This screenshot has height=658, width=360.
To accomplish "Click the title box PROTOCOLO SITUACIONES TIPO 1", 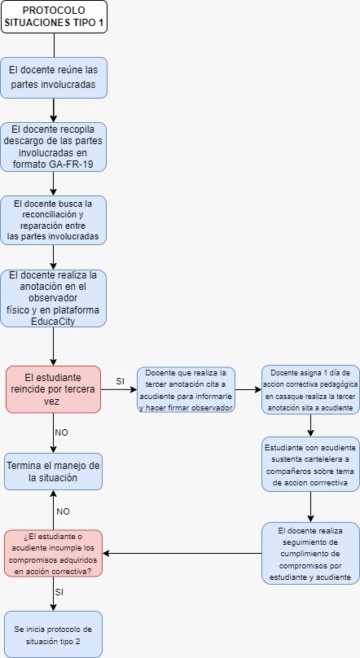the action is pyautogui.click(x=54, y=17).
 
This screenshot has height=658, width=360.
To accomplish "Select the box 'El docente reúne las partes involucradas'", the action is pyautogui.click(x=53, y=77).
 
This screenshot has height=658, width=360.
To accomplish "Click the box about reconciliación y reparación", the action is pyautogui.click(x=53, y=220).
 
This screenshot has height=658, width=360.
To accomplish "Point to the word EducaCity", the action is pyautogui.click(x=53, y=322).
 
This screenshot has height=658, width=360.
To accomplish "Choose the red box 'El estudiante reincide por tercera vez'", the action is pyautogui.click(x=53, y=389).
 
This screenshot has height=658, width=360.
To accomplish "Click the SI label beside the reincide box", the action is pyautogui.click(x=120, y=381).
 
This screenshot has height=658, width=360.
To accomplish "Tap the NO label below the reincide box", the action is pyautogui.click(x=61, y=432).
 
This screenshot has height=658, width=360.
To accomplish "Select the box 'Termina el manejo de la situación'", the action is pyautogui.click(x=53, y=472).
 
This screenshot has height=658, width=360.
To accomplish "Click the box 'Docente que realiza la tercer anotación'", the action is pyautogui.click(x=186, y=390).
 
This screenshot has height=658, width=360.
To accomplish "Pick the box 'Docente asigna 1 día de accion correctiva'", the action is pyautogui.click(x=311, y=390).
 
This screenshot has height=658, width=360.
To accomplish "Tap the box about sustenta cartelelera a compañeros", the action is pyautogui.click(x=311, y=464).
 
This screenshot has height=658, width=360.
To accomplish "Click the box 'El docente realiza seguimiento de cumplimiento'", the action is pyautogui.click(x=311, y=554).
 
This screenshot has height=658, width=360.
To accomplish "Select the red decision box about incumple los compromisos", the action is pyautogui.click(x=53, y=553).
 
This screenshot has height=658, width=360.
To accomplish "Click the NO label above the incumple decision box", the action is pyautogui.click(x=63, y=511).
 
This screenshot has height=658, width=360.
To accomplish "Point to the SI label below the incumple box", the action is pyautogui.click(x=59, y=592).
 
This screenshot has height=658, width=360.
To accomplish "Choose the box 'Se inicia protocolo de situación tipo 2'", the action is pyautogui.click(x=53, y=634).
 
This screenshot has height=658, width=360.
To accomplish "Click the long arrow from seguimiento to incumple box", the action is pyautogui.click(x=182, y=553).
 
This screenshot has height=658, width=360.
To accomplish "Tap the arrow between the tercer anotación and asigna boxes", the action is pyautogui.click(x=248, y=389).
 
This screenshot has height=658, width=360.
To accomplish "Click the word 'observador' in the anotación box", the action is pyautogui.click(x=53, y=298).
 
